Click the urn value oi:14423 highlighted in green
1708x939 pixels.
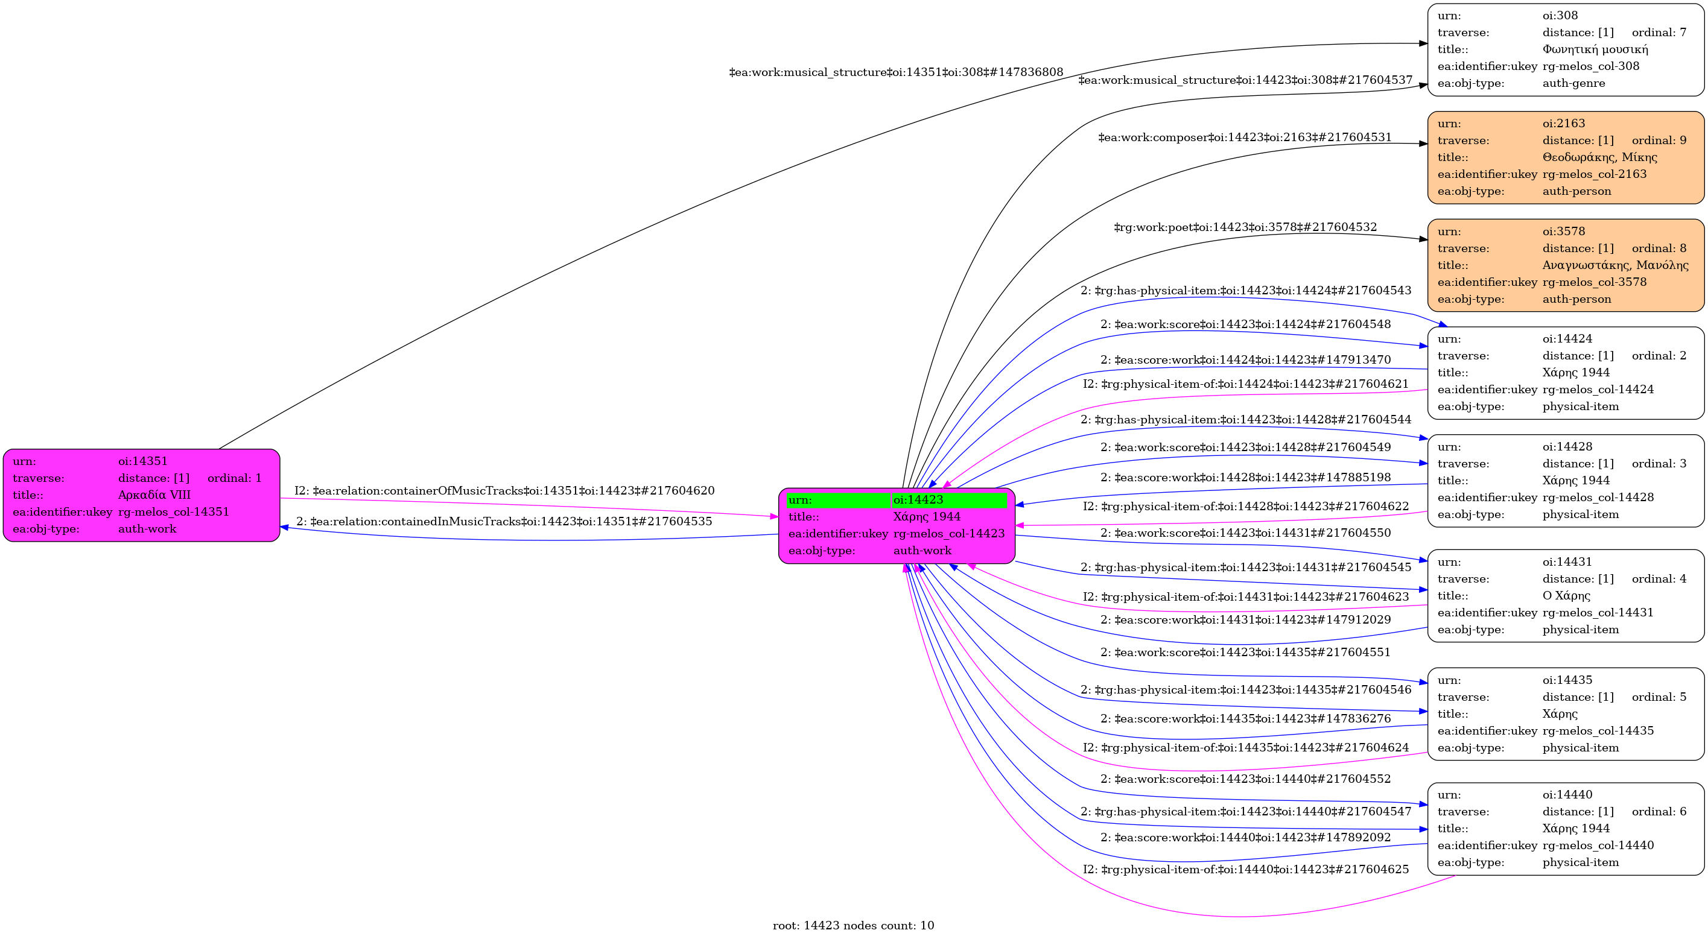[x=918, y=499]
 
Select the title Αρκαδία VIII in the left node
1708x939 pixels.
[x=154, y=495]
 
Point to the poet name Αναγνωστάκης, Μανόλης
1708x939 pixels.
[x=1615, y=265]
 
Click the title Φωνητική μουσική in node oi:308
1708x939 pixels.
[x=1595, y=49]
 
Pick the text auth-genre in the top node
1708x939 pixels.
[x=1573, y=83]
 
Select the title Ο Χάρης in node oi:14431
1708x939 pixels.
[x=1566, y=596]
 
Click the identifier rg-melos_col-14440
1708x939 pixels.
[x=1598, y=846]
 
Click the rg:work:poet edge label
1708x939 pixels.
[x=1245, y=228]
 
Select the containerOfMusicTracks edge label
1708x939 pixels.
[x=504, y=491]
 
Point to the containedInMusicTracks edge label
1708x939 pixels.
[x=504, y=522]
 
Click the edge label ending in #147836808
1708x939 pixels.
[x=896, y=72]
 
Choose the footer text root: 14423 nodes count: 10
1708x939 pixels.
[x=852, y=926]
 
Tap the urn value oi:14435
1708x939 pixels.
[x=1567, y=680]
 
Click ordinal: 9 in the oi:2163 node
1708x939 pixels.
[x=1659, y=141]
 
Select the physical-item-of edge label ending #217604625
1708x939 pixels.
[x=1245, y=870]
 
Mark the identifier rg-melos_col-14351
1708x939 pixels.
[x=173, y=512]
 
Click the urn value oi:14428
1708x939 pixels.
[x=1567, y=447]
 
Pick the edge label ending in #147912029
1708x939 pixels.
[x=1245, y=620]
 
